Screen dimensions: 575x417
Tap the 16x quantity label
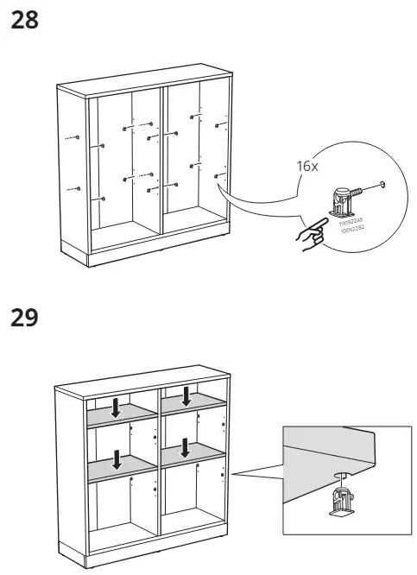(307, 165)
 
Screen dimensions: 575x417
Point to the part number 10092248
(349, 224)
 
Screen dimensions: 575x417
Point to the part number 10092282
(351, 231)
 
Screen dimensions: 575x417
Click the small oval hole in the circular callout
(382, 186)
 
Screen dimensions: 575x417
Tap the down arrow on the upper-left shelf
(116, 407)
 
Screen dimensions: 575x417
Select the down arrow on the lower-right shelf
(184, 448)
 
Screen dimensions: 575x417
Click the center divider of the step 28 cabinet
(161, 155)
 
